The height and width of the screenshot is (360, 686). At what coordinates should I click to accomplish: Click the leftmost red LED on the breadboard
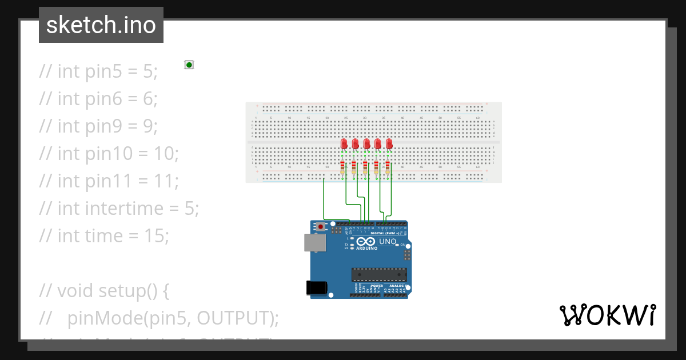[x=344, y=143]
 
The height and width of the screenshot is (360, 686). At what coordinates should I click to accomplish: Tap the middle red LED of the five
[x=366, y=143]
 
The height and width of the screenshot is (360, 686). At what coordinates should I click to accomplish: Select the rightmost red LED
[x=389, y=143]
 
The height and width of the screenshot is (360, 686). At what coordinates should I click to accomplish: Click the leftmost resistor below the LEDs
[x=342, y=168]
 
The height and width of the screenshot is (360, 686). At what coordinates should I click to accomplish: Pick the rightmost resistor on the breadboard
[x=388, y=168]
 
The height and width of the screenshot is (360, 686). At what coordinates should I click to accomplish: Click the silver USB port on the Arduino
[x=314, y=243]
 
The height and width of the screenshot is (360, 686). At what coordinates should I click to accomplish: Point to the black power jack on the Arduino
[x=318, y=287]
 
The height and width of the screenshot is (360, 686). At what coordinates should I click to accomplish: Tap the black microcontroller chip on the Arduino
[x=379, y=275]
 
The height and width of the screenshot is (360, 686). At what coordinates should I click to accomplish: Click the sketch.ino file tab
[x=101, y=25]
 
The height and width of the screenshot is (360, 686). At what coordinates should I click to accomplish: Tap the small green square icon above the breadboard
[x=189, y=65]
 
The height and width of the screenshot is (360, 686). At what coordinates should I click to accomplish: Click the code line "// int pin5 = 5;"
[x=98, y=71]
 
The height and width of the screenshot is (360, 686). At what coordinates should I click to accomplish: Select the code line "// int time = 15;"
[x=104, y=236]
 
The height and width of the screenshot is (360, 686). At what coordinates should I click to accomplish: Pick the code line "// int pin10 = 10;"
[x=109, y=154]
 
